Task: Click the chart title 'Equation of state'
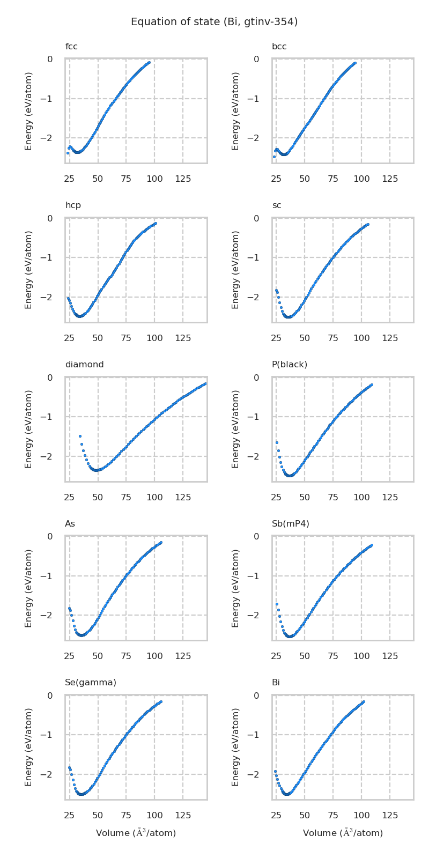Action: [x=214, y=22]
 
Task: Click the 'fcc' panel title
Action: [x=71, y=47]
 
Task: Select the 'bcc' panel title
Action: [x=279, y=47]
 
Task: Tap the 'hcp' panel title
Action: [x=73, y=205]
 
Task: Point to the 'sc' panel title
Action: [x=276, y=205]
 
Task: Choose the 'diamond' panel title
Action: [x=84, y=365]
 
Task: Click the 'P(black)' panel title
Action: [x=290, y=365]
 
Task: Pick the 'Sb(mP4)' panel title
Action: [x=290, y=523]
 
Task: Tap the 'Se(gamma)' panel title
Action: [x=90, y=683]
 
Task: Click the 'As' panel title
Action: [x=70, y=523]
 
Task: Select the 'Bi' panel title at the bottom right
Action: [x=276, y=683]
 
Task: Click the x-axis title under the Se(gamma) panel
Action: [x=136, y=833]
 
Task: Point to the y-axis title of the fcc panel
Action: [x=29, y=110]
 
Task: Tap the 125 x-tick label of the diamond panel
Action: [x=183, y=497]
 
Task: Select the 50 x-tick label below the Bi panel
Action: [x=305, y=815]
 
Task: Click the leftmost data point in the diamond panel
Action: [x=80, y=436]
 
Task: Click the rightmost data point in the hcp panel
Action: [x=155, y=223]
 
